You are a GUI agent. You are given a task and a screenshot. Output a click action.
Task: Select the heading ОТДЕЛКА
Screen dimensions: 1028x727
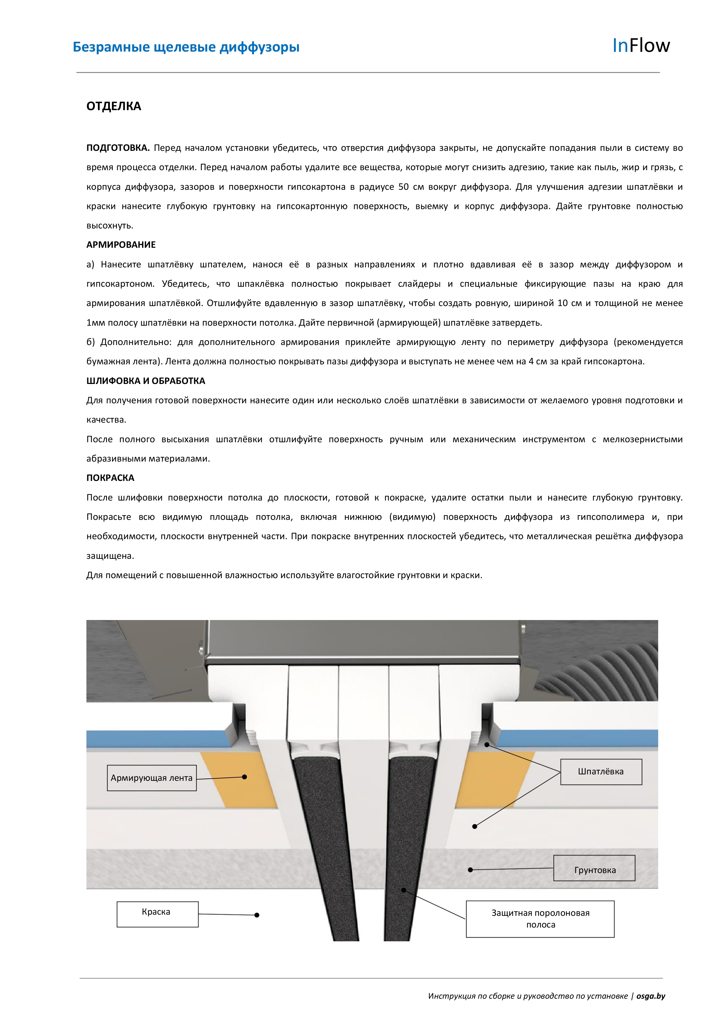[114, 106]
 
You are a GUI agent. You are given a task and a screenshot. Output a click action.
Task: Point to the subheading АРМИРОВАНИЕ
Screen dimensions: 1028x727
[121, 245]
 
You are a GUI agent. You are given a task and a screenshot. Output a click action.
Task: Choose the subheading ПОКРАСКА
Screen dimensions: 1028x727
[110, 478]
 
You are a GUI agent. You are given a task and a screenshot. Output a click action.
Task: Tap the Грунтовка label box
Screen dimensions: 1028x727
[595, 870]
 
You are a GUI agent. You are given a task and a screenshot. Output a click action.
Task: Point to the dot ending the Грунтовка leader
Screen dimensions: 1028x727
[470, 870]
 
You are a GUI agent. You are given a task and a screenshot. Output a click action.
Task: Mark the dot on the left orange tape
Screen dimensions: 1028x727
[244, 777]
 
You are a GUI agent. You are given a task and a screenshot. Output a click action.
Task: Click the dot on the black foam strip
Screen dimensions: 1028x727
[403, 890]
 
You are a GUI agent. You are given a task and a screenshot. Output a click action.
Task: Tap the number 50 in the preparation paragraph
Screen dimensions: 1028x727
[403, 187]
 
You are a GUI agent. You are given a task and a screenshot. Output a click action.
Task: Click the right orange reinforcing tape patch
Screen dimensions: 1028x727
[492, 779]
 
